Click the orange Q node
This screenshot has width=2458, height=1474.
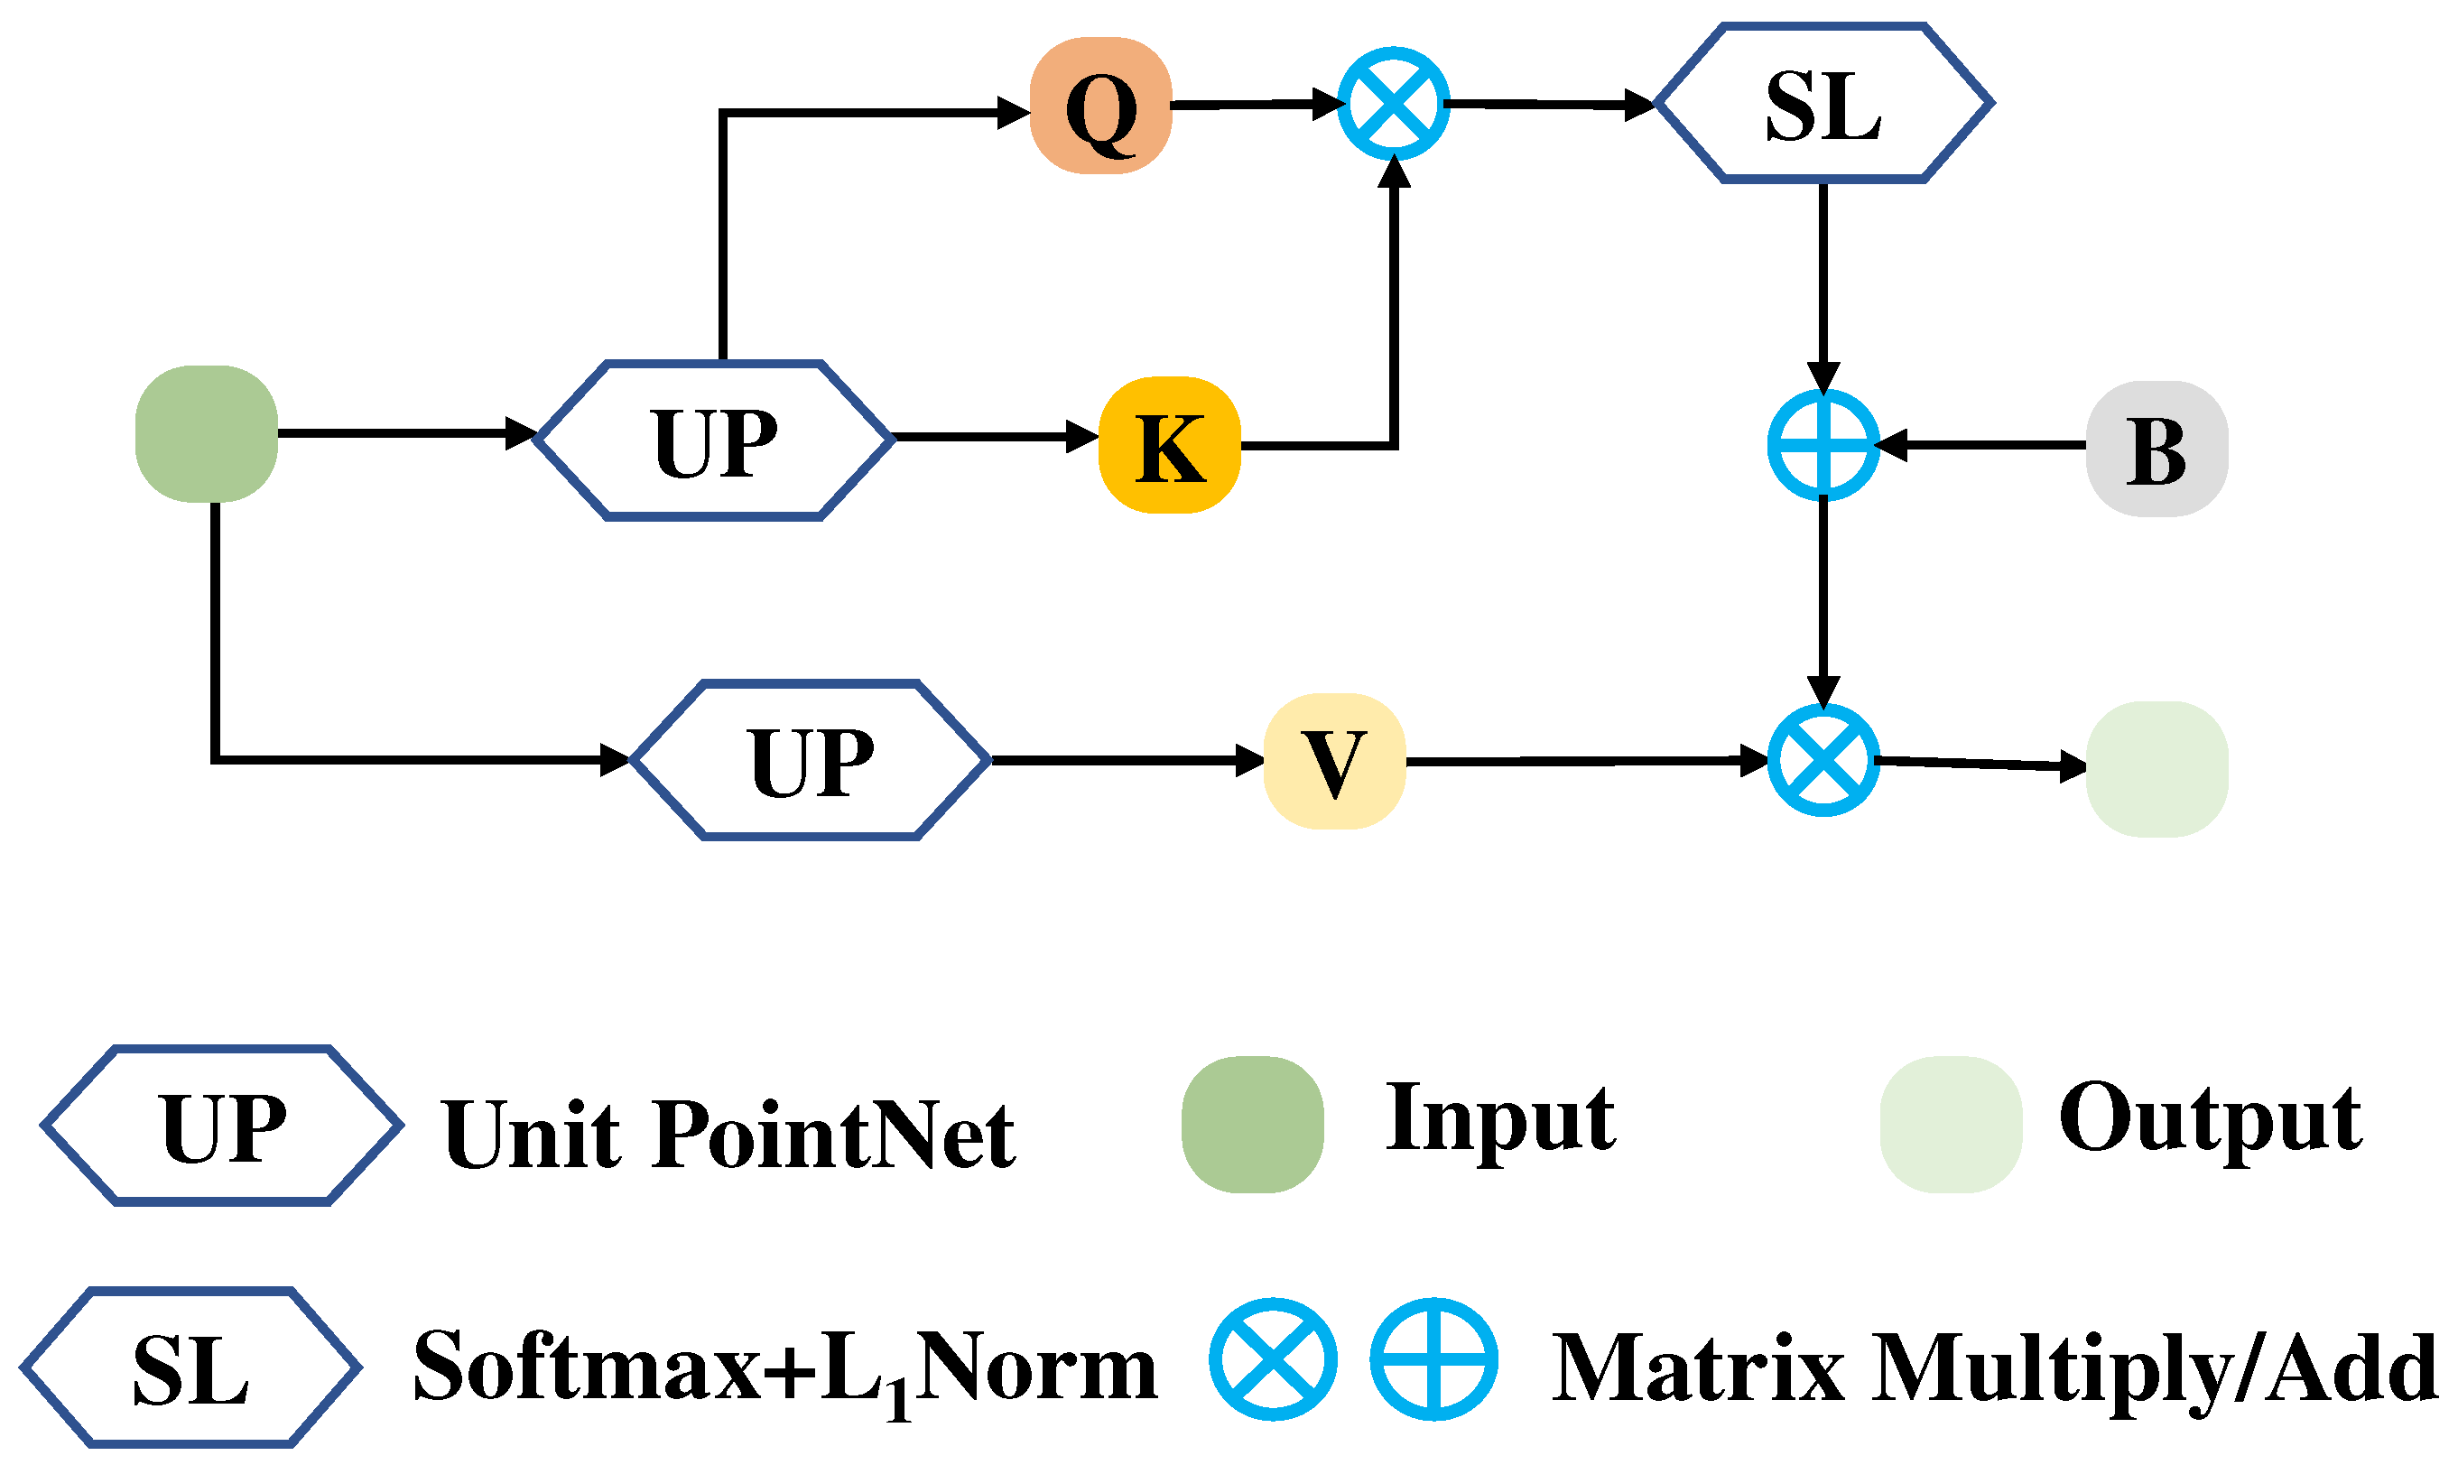pos(1100,107)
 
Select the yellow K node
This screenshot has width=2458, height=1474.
pos(1169,446)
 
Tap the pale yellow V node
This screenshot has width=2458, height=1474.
pos(1332,761)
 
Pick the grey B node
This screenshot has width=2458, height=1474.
pos(2157,449)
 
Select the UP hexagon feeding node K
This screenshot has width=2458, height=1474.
pos(714,440)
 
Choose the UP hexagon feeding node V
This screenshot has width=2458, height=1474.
pos(812,760)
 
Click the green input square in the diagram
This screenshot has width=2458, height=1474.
pos(207,434)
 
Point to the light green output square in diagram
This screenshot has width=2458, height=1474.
pos(2157,770)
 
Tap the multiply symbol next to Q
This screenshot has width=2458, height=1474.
pos(1394,103)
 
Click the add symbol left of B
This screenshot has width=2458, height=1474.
pos(1823,445)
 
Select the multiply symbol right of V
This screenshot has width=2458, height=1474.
pos(1823,761)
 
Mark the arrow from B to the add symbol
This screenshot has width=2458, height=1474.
pos(1981,445)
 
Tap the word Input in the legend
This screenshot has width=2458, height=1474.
pos(1499,1120)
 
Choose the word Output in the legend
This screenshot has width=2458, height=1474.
pos(2210,1120)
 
